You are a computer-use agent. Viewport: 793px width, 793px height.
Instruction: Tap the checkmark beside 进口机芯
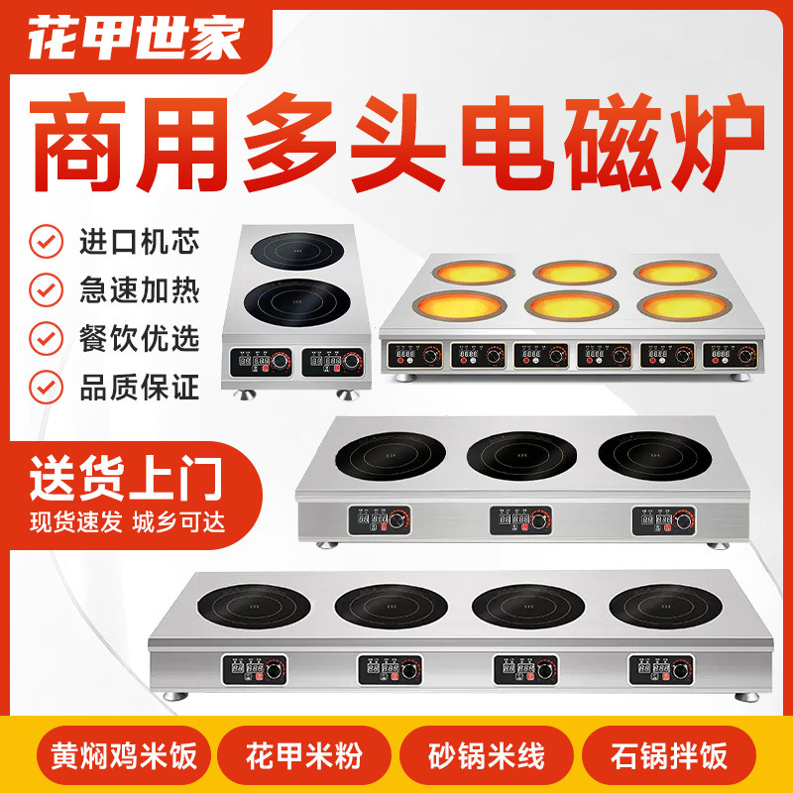(x=43, y=241)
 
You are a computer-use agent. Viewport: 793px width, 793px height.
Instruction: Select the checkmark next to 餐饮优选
(x=43, y=337)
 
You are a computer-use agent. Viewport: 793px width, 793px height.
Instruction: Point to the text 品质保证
(x=139, y=385)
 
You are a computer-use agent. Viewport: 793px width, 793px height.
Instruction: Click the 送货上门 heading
(x=123, y=475)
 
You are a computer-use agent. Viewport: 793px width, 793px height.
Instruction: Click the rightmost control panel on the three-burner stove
(x=662, y=519)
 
